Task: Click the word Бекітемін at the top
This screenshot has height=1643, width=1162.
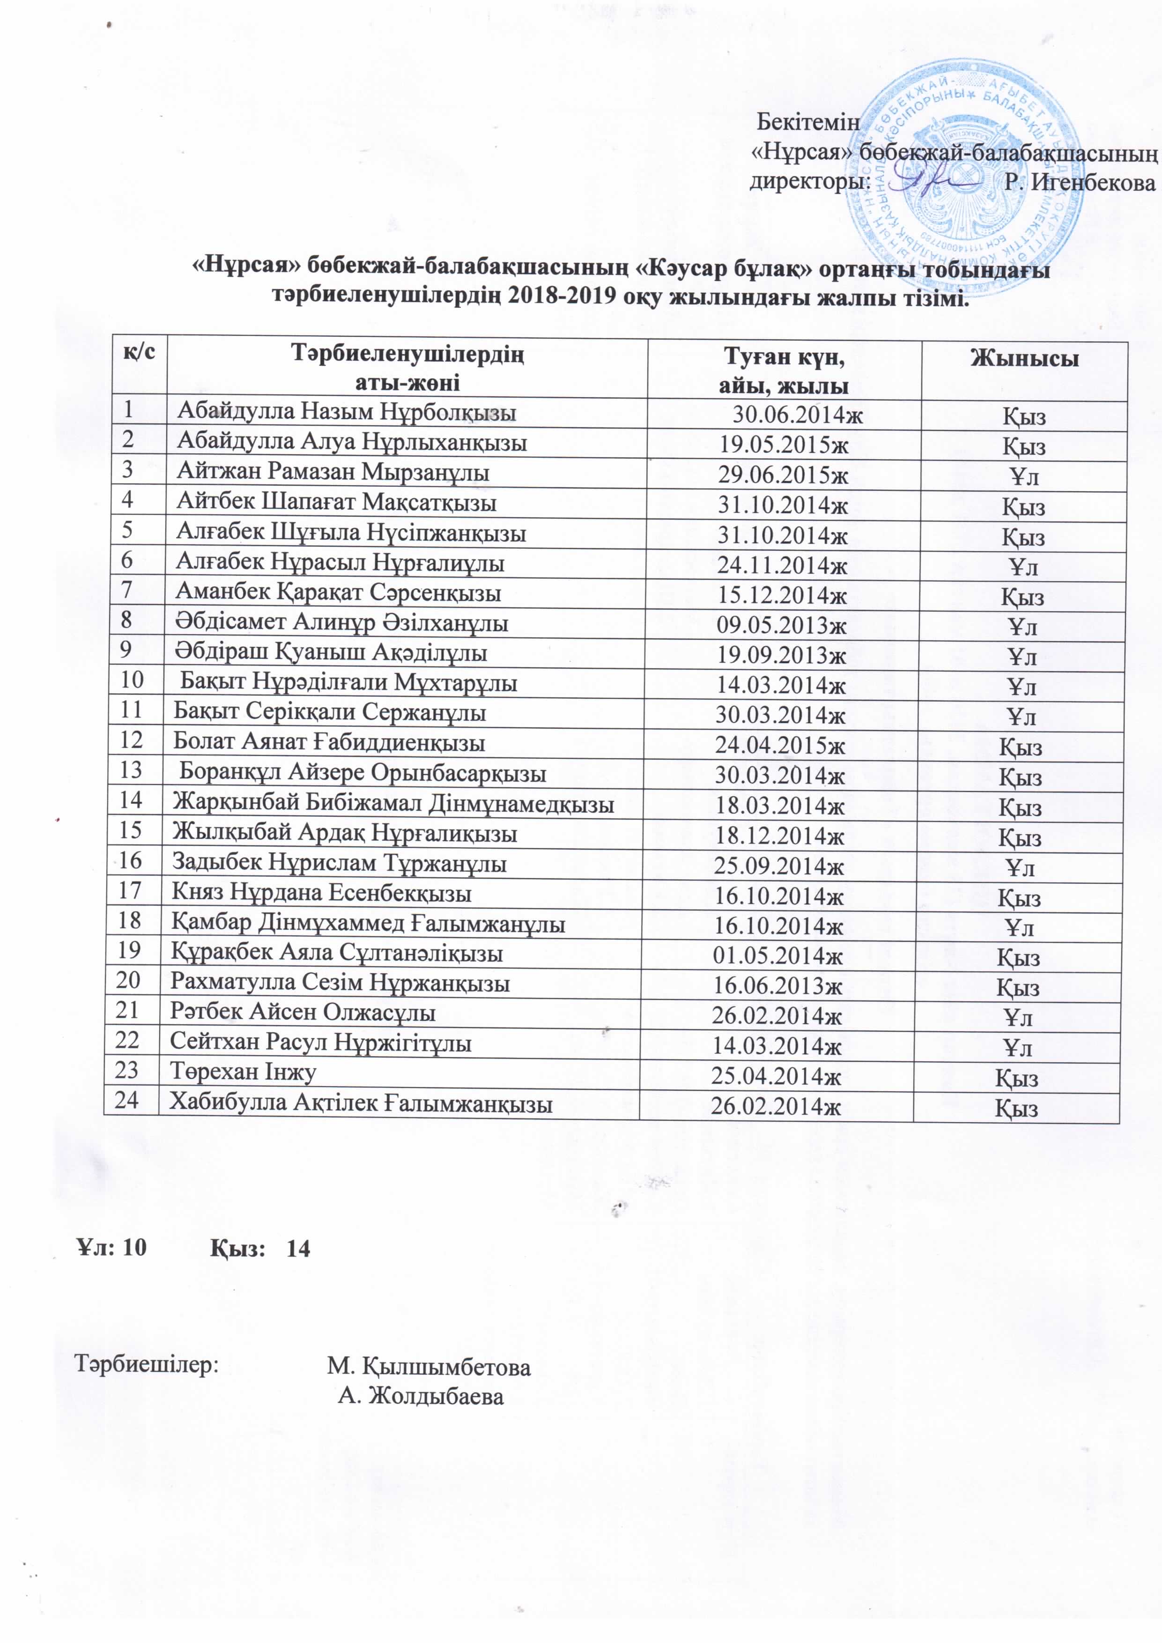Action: click(x=808, y=122)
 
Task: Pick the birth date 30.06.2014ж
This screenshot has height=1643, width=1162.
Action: click(x=797, y=415)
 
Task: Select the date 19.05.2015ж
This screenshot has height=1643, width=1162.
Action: click(x=784, y=445)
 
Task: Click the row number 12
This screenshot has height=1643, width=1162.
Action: click(x=132, y=739)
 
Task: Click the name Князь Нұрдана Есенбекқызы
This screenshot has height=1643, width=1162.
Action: click(x=321, y=893)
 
